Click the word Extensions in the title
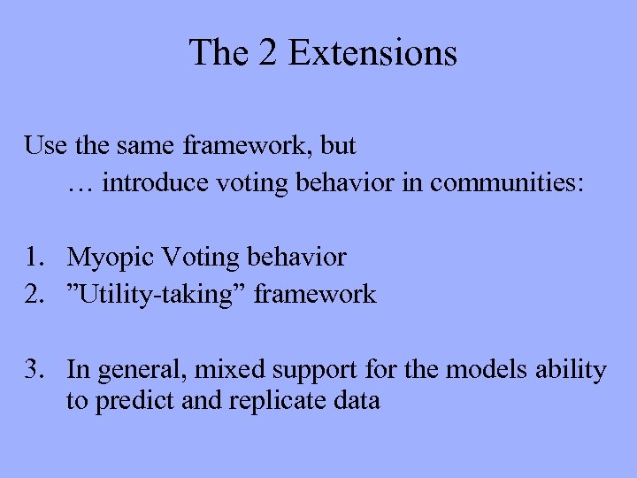pos(372,53)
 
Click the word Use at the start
pos(45,144)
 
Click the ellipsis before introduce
pos(80,183)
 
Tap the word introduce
pos(157,183)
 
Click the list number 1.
pos(35,258)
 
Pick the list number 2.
pos(35,294)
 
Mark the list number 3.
pos(35,369)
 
